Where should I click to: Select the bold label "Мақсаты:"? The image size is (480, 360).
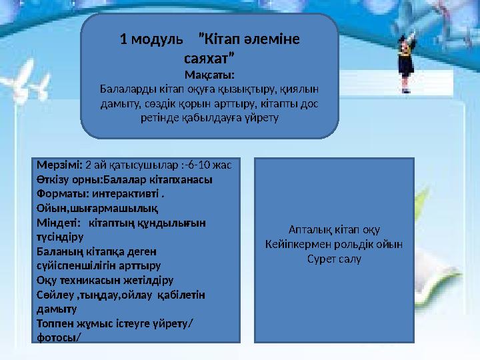click(209, 73)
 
